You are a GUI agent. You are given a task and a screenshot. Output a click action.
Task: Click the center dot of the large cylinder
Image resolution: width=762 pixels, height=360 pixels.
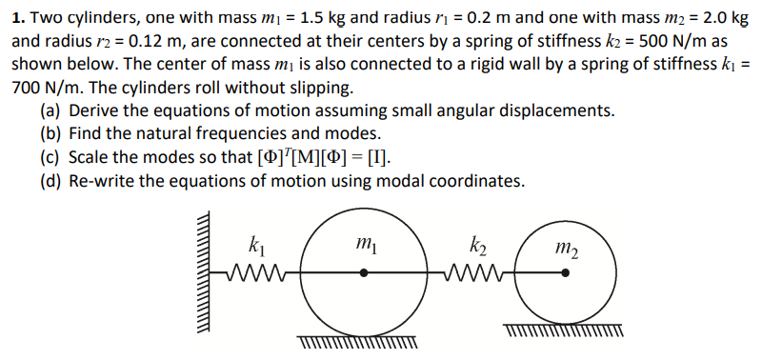[364, 273]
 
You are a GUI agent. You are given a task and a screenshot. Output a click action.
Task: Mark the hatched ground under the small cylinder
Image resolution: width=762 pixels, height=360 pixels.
[566, 332]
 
